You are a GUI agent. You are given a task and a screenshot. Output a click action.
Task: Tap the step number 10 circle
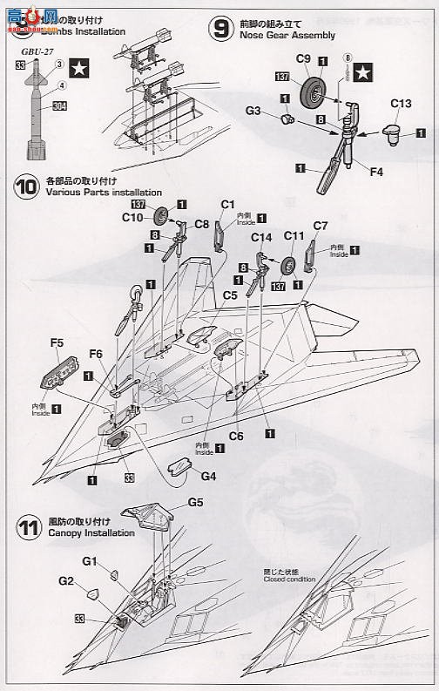pos(26,186)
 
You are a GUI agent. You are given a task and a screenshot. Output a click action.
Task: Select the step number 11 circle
pos(27,526)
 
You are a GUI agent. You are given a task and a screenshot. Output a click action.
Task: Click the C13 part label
pos(401,103)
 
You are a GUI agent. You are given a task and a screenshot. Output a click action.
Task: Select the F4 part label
pos(375,172)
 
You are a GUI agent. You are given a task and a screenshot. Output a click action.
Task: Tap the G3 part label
pos(253,112)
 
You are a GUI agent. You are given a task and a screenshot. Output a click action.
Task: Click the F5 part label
pos(57,343)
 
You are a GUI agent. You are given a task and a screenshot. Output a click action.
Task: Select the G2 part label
pos(66,579)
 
